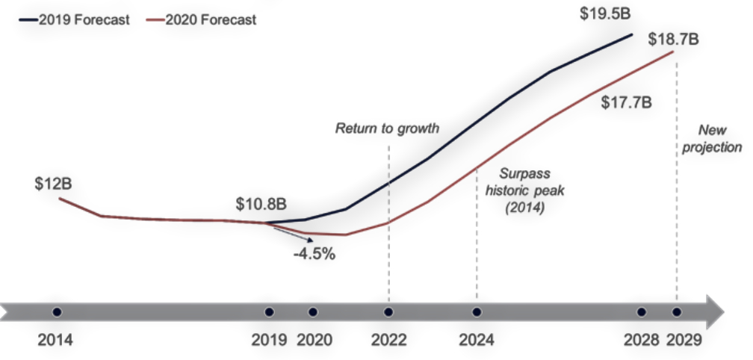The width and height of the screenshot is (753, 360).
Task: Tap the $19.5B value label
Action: [x=606, y=15]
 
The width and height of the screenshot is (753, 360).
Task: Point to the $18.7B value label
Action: [x=673, y=40]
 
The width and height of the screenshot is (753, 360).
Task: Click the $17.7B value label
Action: [x=627, y=102]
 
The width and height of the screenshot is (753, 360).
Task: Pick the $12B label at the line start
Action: [x=53, y=184]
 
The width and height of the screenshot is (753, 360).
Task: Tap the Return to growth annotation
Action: [x=387, y=128]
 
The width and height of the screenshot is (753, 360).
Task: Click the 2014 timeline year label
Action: [x=56, y=341]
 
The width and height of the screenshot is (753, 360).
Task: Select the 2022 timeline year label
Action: [x=388, y=341]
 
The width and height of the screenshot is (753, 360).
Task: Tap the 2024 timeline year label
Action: [x=477, y=341]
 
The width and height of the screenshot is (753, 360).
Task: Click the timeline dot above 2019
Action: [x=269, y=311]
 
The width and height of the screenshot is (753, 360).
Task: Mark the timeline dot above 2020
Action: [x=313, y=311]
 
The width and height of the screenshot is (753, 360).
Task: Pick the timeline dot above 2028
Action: [x=641, y=311]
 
